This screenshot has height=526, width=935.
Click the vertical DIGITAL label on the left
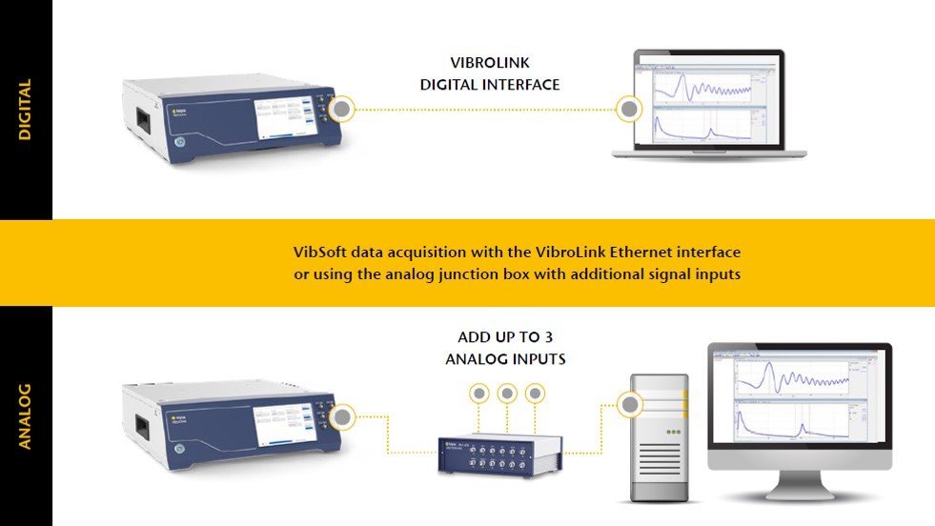[26, 110]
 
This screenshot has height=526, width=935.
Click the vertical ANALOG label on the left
[26, 415]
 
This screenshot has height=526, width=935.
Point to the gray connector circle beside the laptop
[629, 110]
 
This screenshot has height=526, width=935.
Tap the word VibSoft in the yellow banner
[320, 253]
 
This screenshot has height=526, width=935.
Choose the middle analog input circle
[507, 392]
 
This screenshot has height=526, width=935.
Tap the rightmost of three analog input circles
[536, 392]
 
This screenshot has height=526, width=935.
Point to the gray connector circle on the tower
[629, 406]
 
